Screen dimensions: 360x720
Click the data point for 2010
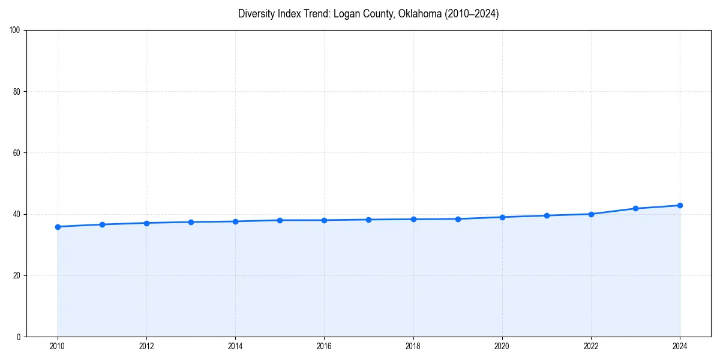point(58,227)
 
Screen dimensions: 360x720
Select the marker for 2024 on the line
point(680,205)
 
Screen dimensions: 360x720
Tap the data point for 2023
point(635,208)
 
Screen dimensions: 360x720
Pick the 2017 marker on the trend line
point(368,220)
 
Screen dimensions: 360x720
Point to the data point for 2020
point(502,217)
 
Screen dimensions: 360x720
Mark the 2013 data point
point(191,222)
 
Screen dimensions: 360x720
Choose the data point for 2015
point(280,220)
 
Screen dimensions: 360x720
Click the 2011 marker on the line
point(102,224)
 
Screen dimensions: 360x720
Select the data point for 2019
point(458,219)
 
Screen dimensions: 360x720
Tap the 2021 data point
point(547,215)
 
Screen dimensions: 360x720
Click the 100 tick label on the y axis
point(15,31)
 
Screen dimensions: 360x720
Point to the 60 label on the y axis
point(17,153)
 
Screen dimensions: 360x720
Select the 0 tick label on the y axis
point(19,337)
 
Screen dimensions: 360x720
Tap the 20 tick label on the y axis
point(17,275)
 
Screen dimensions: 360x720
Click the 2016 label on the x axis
point(324,346)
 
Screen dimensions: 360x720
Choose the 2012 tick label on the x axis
point(146,346)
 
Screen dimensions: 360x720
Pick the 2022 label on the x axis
point(591,346)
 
